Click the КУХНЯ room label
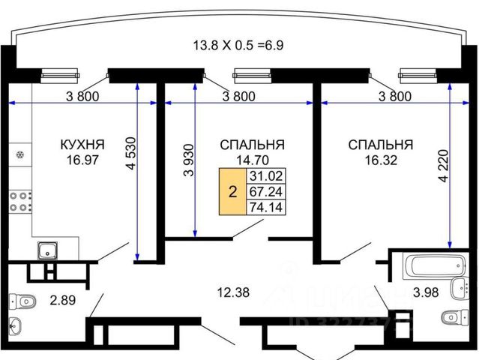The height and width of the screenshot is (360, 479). [x=82, y=143]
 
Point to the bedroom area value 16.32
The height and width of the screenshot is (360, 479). [x=380, y=159]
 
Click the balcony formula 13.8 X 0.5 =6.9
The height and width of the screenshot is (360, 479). [x=238, y=44]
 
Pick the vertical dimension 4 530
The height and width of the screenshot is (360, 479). [x=131, y=158]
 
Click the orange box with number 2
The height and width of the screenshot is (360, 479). [x=232, y=192]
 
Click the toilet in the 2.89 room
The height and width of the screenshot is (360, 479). [x=24, y=301]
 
